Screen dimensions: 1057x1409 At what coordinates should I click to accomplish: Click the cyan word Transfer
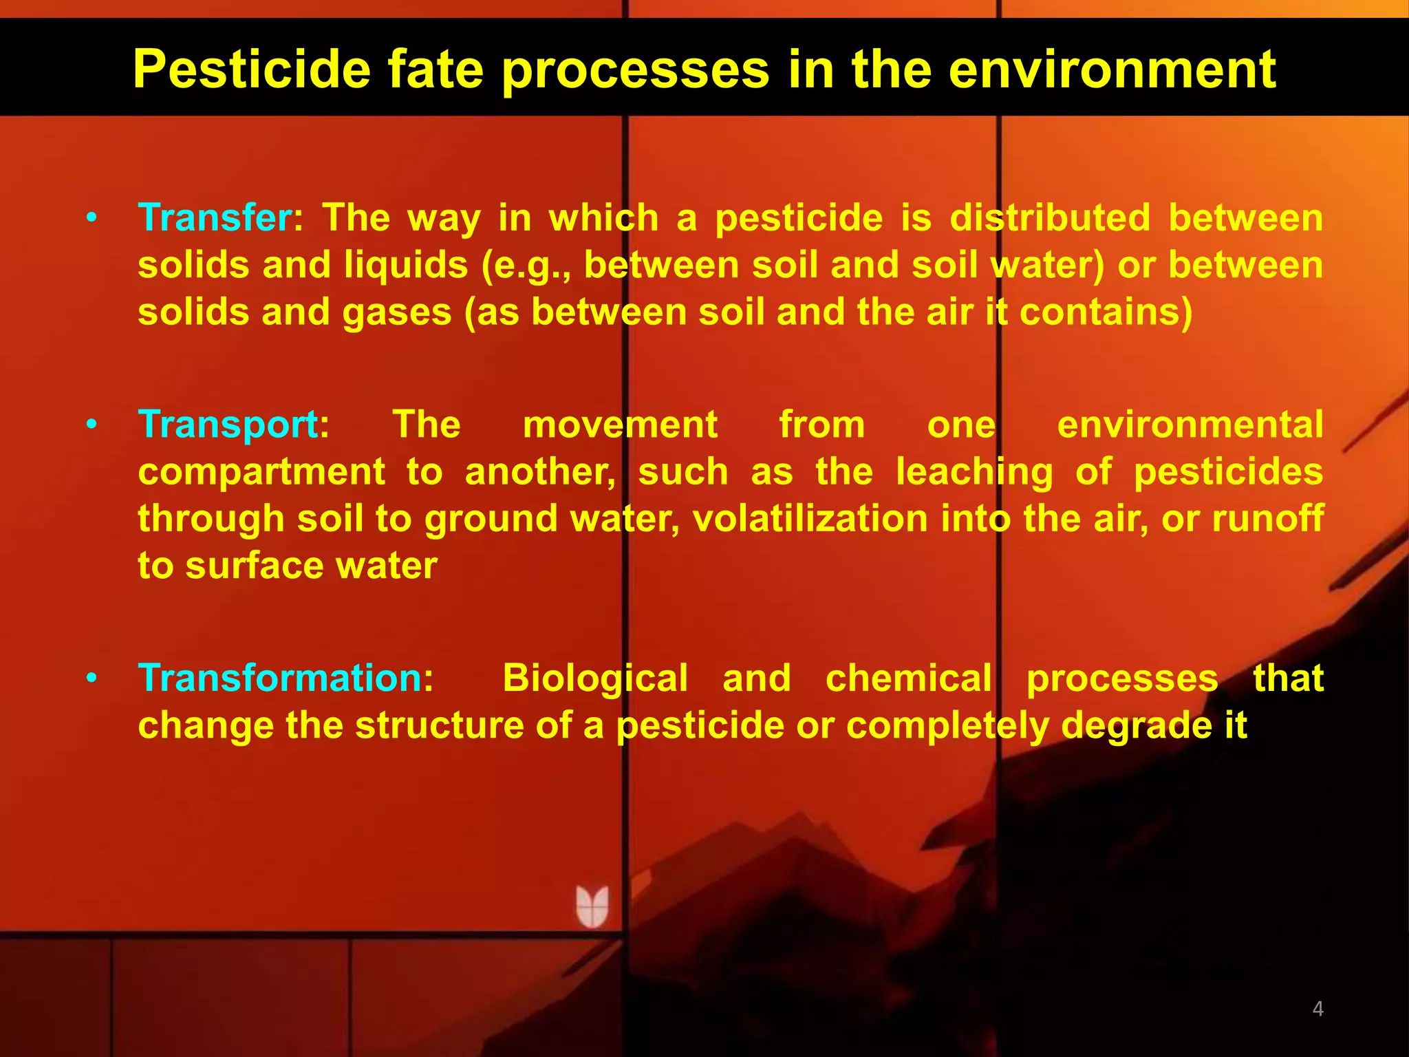coord(215,218)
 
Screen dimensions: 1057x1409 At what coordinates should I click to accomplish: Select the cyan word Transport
coord(228,425)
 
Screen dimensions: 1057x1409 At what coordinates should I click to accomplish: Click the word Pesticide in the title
coord(251,70)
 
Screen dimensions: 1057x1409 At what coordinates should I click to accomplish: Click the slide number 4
coord(1317,1009)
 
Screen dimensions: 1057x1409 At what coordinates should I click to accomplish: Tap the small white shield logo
coord(592,906)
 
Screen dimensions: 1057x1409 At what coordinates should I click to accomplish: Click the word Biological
coord(595,679)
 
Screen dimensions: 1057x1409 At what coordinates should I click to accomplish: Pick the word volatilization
coord(810,519)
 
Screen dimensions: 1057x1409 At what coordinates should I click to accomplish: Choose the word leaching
coord(974,473)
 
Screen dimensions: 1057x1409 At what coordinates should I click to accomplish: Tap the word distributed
coord(1050,218)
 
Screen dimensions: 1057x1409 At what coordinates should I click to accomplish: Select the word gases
coord(397,313)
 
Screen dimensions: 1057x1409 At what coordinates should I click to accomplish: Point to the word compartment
coord(261,473)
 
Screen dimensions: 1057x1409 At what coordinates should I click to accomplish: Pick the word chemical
coord(908,679)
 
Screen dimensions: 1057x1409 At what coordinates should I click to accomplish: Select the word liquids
coord(406,266)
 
